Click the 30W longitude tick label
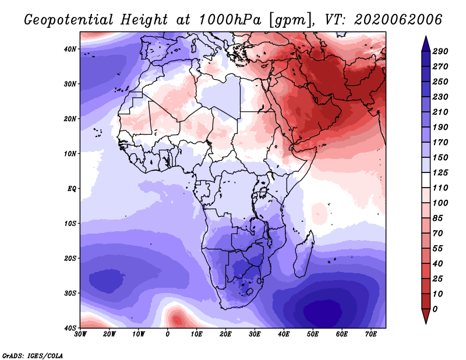[x=81, y=334]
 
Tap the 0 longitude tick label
[x=168, y=334]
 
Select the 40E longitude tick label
[x=284, y=334]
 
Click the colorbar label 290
[x=440, y=51]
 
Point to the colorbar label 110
[x=440, y=188]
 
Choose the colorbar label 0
[x=436, y=308]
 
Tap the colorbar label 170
[x=440, y=142]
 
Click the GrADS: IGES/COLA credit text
[x=33, y=355]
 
